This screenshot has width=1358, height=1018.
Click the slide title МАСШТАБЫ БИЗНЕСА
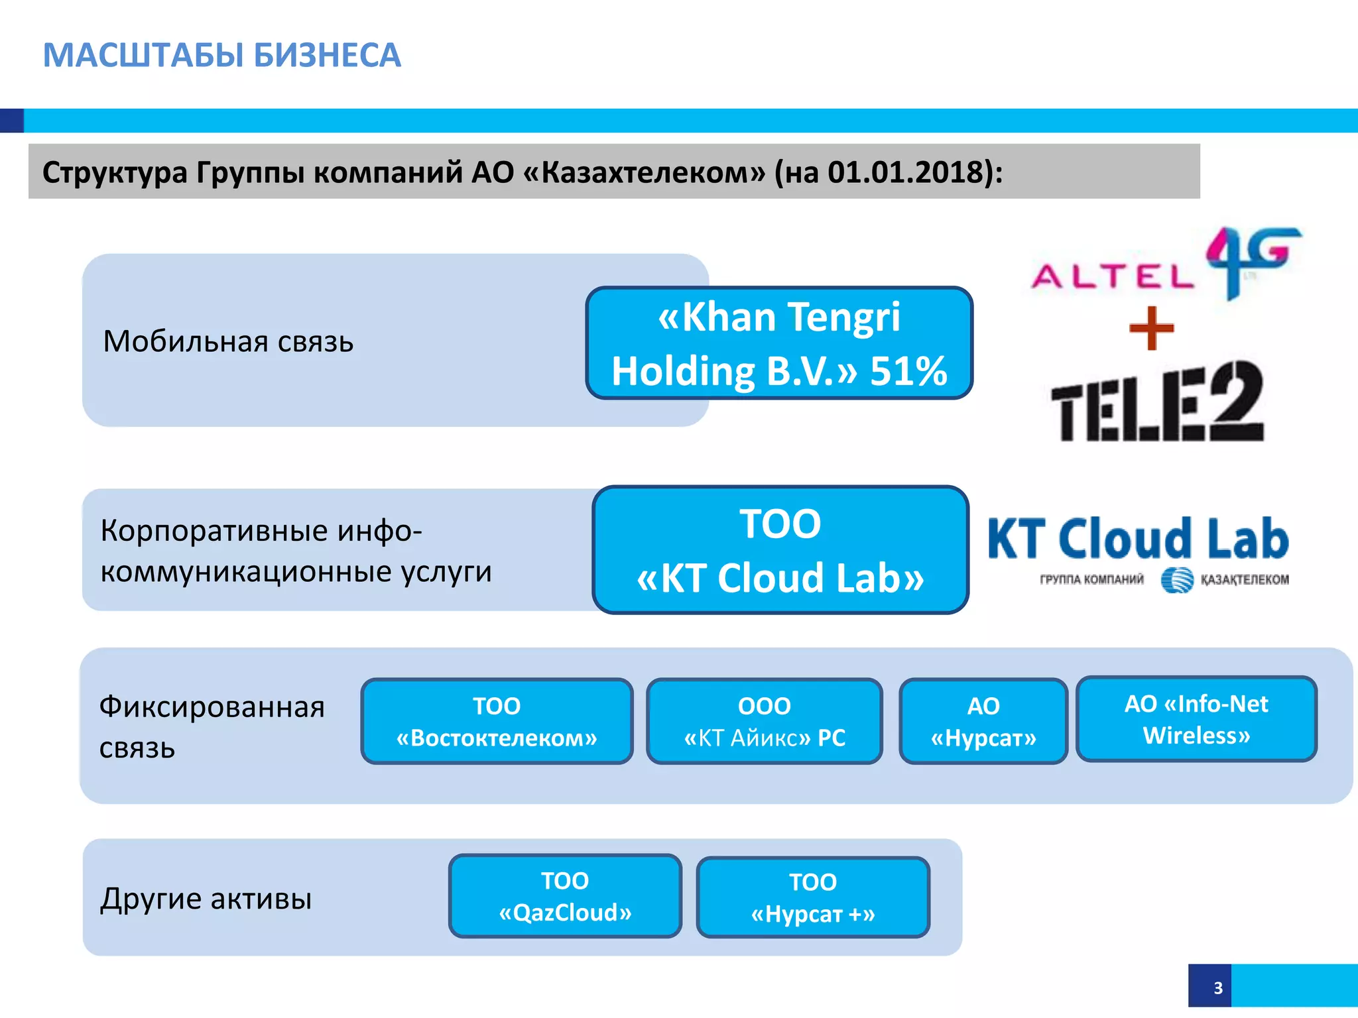pos(222,55)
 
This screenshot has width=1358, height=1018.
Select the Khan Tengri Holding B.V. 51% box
pos(779,343)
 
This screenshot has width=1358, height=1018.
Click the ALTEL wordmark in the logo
pos(1113,276)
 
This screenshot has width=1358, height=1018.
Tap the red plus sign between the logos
pos(1152,328)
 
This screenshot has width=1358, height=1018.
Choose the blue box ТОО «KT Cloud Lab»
pos(780,550)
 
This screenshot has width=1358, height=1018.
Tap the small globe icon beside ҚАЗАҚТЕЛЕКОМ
pos(1176,580)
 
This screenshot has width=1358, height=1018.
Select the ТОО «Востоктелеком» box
pos(497,721)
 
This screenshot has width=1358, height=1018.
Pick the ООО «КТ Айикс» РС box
pos(765,721)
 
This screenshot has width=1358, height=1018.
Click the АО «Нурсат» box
pos(983,721)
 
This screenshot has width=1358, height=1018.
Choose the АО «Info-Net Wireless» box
pos(1196,719)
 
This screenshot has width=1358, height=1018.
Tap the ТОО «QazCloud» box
pos(565,896)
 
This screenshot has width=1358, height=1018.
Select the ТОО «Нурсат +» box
pos(813,897)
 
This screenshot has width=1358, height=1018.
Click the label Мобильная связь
pos(228,342)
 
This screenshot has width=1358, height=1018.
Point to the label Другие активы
pos(206,899)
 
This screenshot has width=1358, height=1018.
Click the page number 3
pos(1217,988)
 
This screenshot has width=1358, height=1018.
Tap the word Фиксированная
pos(212,707)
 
